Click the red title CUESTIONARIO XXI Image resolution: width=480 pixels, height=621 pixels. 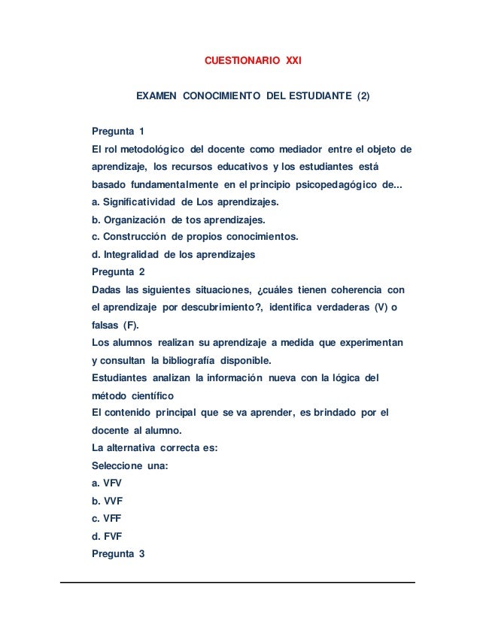(x=253, y=59)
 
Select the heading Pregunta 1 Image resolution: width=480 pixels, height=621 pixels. (x=117, y=133)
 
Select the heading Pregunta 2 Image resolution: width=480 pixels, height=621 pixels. (x=117, y=272)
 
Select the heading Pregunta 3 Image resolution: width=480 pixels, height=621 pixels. (x=117, y=554)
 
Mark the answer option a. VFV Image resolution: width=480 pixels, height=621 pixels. (x=106, y=484)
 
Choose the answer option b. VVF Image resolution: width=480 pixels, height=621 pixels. (x=106, y=501)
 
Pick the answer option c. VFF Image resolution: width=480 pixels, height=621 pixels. (x=106, y=519)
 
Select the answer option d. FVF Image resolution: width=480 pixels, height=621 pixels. (x=106, y=537)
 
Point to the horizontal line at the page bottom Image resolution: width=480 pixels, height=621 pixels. (x=239, y=582)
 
